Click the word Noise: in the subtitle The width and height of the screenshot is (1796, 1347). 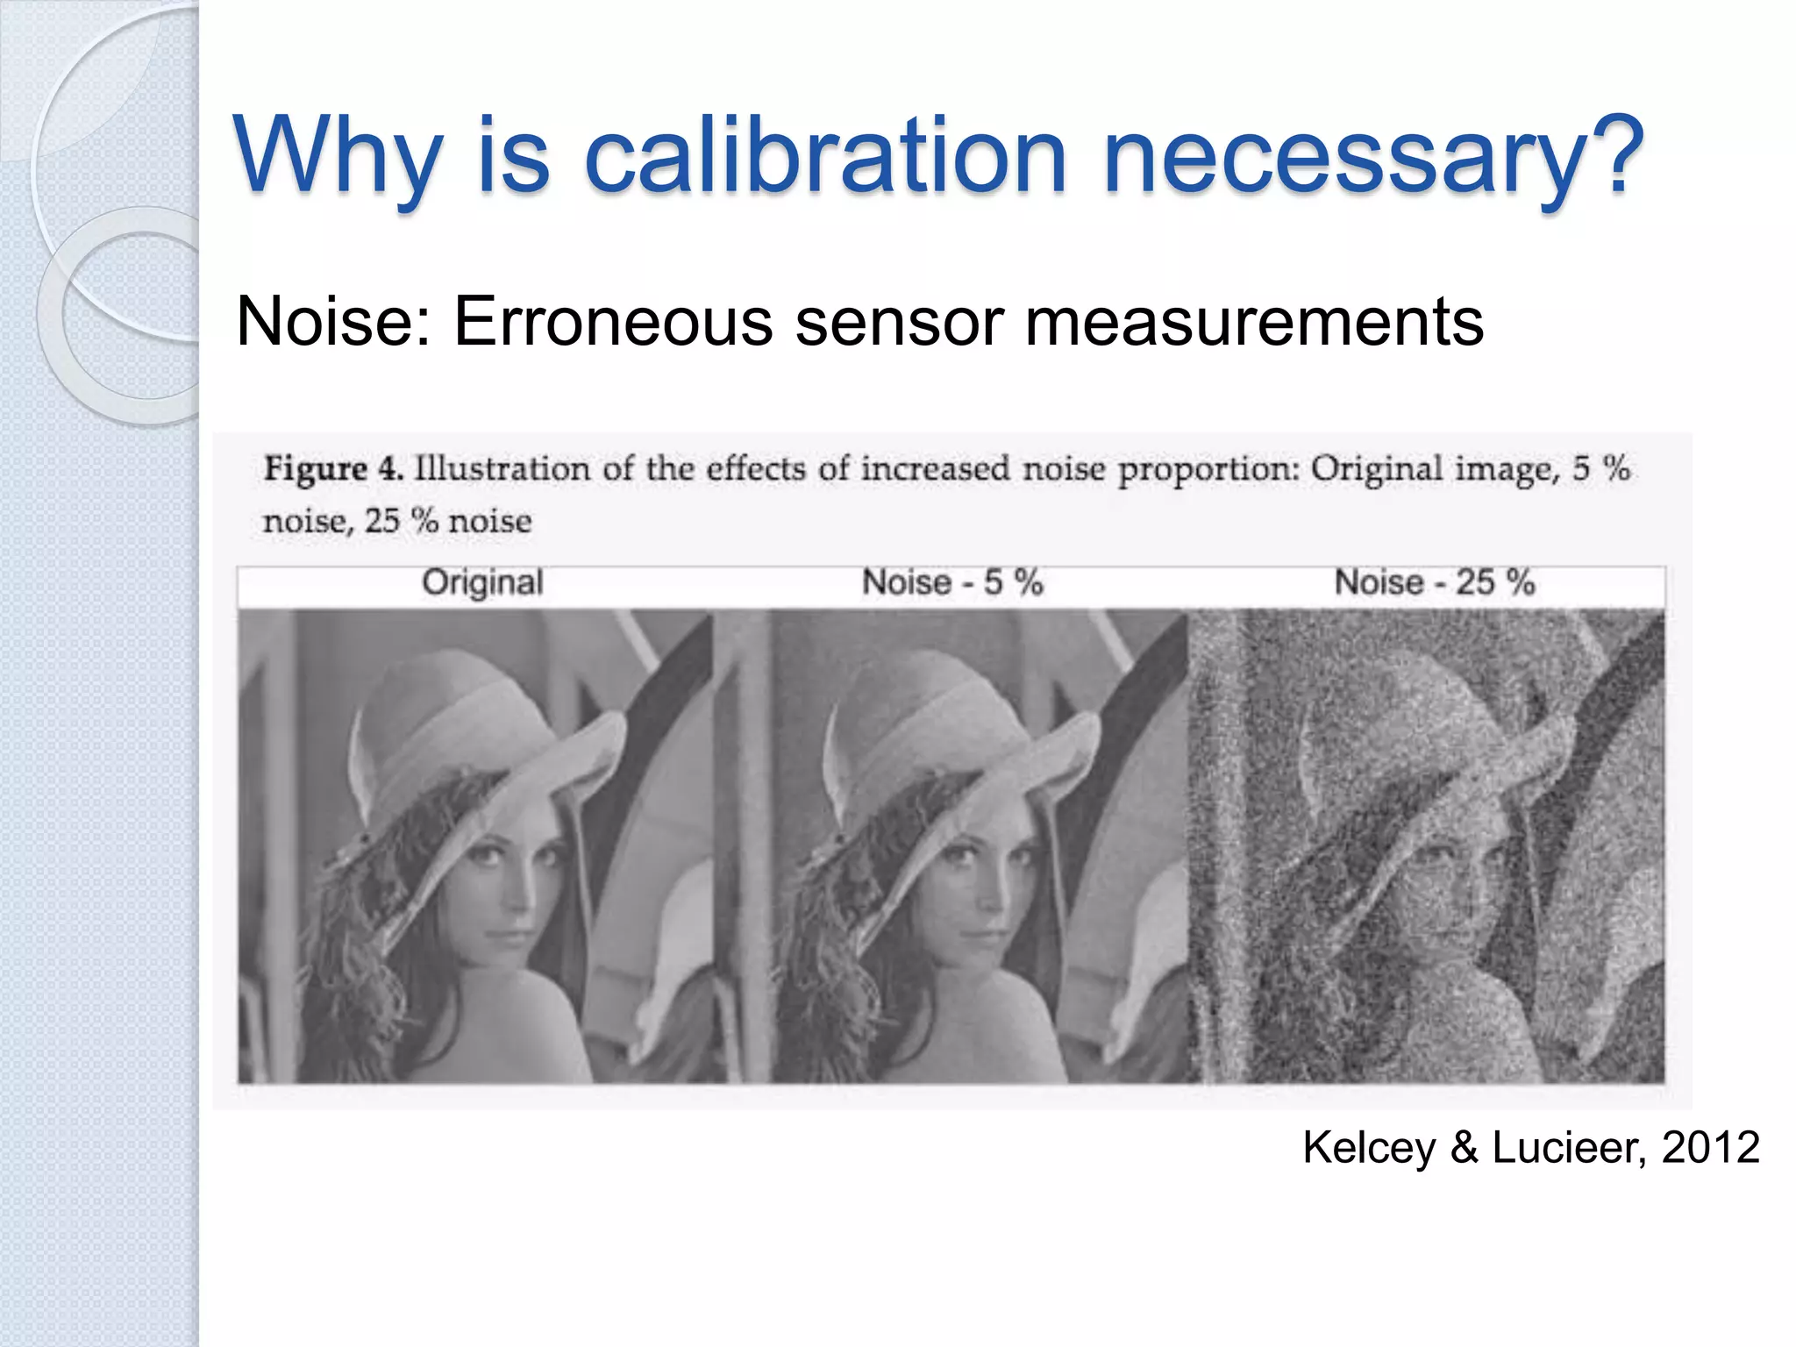[x=334, y=321]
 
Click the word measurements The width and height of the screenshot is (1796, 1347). [x=1254, y=321]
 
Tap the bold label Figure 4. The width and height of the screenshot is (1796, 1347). [x=333, y=469]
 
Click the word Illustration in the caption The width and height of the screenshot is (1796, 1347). [x=502, y=468]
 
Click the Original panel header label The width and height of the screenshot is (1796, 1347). [x=482, y=582]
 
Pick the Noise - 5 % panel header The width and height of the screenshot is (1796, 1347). [x=952, y=582]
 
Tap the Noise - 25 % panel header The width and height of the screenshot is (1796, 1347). [x=1435, y=582]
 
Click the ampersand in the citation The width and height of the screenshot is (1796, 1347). [x=1464, y=1147]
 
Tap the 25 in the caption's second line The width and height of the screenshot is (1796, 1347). [x=381, y=521]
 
